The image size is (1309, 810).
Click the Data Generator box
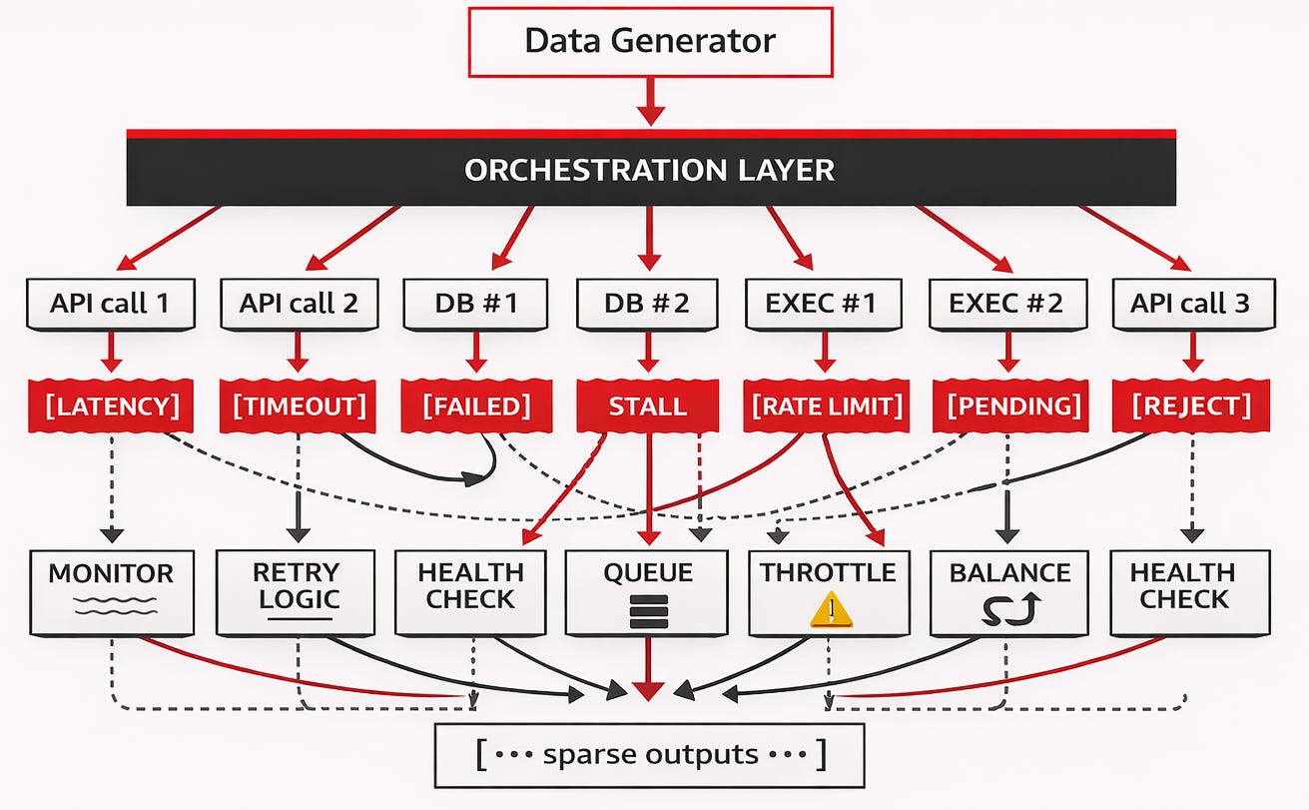pyautogui.click(x=650, y=42)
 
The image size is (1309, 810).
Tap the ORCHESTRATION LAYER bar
pyautogui.click(x=651, y=168)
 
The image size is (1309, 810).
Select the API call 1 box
pyautogui.click(x=111, y=305)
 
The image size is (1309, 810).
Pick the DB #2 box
pyautogui.click(x=647, y=305)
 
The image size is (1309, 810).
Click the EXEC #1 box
pyautogui.click(x=824, y=305)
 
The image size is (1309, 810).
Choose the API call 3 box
pyautogui.click(x=1193, y=305)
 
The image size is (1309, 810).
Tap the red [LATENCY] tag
pyautogui.click(x=111, y=406)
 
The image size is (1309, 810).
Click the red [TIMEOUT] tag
pyautogui.click(x=298, y=406)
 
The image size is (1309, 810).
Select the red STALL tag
pyautogui.click(x=647, y=406)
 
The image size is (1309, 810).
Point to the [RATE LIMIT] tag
pyautogui.click(x=827, y=406)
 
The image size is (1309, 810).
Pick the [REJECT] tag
pyautogui.click(x=1191, y=406)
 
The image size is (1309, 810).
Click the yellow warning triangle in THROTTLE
pyautogui.click(x=831, y=609)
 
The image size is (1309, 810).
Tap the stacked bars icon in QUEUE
pyautogui.click(x=649, y=611)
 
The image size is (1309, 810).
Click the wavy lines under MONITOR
pyautogui.click(x=116, y=606)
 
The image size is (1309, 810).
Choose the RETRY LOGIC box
pyautogui.click(x=296, y=592)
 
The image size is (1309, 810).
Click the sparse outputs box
pyautogui.click(x=650, y=755)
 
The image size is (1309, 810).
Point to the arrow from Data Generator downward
pyautogui.click(x=650, y=101)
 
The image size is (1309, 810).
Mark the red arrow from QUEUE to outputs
pyautogui.click(x=648, y=668)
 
